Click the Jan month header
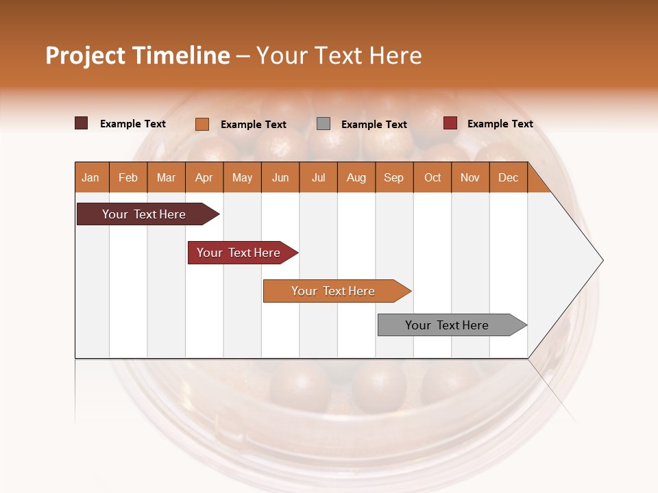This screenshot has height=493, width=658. tap(90, 177)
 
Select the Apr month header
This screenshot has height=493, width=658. tap(204, 177)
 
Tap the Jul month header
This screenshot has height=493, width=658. tap(318, 177)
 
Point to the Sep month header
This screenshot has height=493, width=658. tap(393, 177)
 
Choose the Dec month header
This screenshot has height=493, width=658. tap(508, 177)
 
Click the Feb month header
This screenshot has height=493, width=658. tap(128, 177)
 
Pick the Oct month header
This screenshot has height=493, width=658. tap(432, 177)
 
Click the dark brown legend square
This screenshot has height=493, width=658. tap(82, 123)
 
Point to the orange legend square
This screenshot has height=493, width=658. tap(202, 124)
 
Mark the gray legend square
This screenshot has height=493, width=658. tap(324, 123)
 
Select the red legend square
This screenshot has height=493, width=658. tap(450, 123)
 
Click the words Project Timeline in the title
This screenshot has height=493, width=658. tap(138, 55)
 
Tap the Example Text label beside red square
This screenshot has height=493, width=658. tap(500, 124)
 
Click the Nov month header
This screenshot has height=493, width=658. tap(470, 177)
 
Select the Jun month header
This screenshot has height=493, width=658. tap(280, 177)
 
